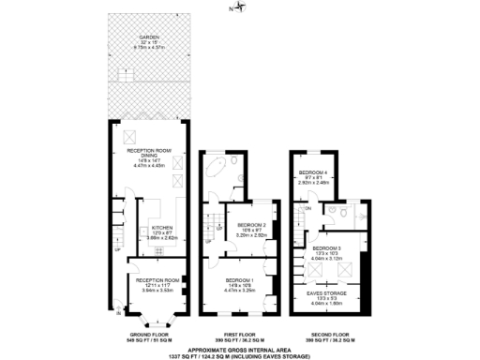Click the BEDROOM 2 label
(x=251, y=226)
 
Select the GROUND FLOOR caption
(x=149, y=333)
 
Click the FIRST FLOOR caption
(x=240, y=333)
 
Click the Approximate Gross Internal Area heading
(x=240, y=346)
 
